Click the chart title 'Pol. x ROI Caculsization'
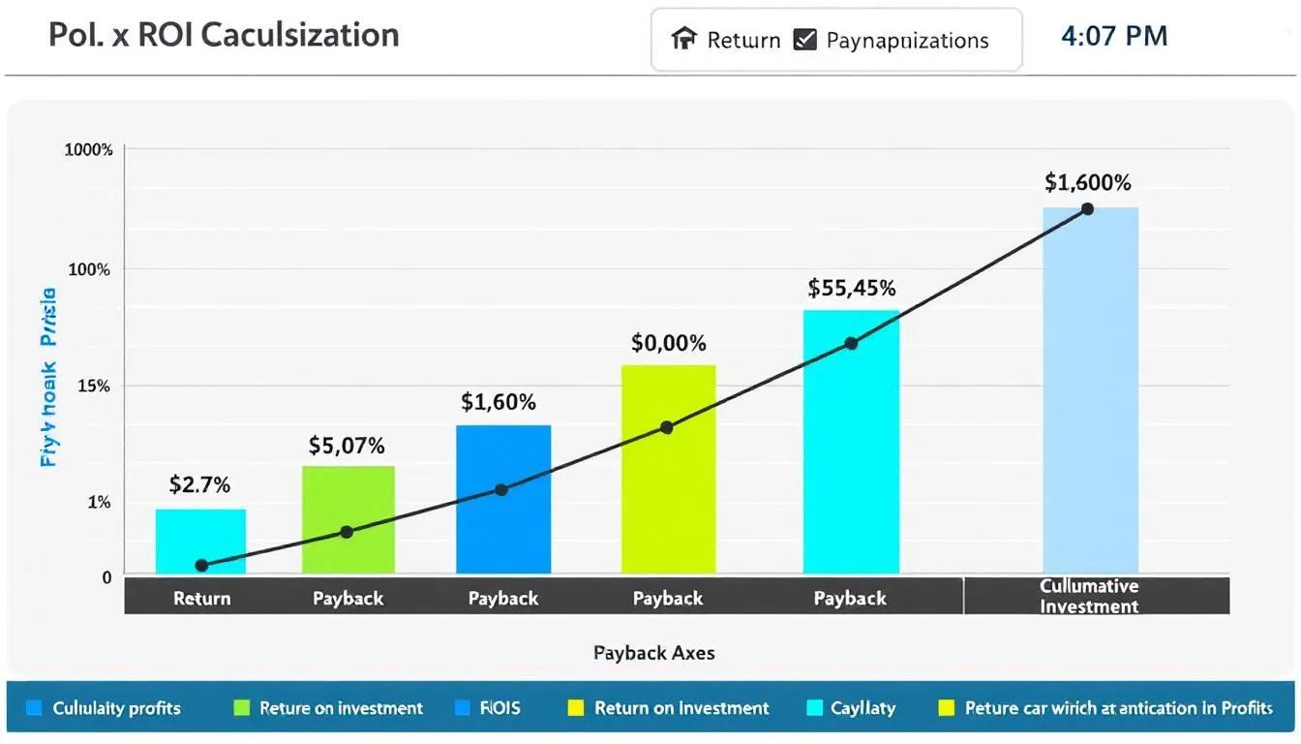coord(224,35)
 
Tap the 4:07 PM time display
coord(1114,37)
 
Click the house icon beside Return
coord(684,40)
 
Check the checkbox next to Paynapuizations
coord(804,40)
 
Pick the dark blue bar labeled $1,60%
coord(503,499)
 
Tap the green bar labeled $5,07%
coord(348,519)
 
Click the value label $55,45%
coord(852,288)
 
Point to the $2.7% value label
coord(199,484)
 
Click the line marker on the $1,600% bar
coord(1087,209)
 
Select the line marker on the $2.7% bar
coord(201,565)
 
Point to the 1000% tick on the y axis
coord(89,150)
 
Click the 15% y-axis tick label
coord(95,387)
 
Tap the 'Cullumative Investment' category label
coord(1089,597)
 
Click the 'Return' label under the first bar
coord(201,599)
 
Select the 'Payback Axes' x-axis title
coord(654,653)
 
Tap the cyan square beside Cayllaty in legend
coord(814,708)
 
